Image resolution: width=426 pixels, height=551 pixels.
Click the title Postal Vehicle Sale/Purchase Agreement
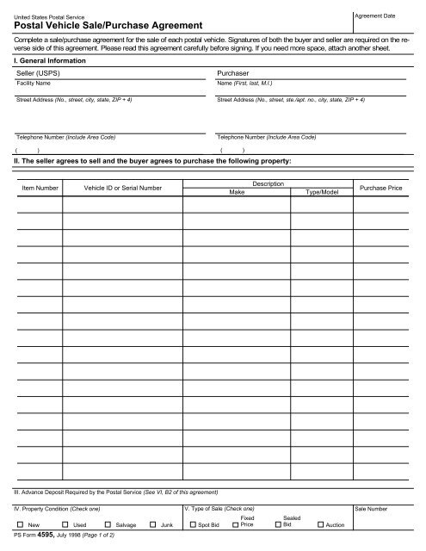tap(102, 27)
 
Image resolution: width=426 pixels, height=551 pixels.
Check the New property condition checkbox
tap(20, 524)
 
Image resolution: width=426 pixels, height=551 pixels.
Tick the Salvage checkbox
tap(108, 524)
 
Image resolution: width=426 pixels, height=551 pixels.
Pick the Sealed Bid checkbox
tap(277, 524)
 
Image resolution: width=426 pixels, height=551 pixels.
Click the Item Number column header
tap(40, 187)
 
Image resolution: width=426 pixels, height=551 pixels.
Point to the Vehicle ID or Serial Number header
tap(123, 187)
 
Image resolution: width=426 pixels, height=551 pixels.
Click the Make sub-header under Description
tap(237, 194)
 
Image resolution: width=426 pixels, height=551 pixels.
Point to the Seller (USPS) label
tap(40, 74)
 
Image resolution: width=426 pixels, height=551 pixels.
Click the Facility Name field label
tap(34, 83)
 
